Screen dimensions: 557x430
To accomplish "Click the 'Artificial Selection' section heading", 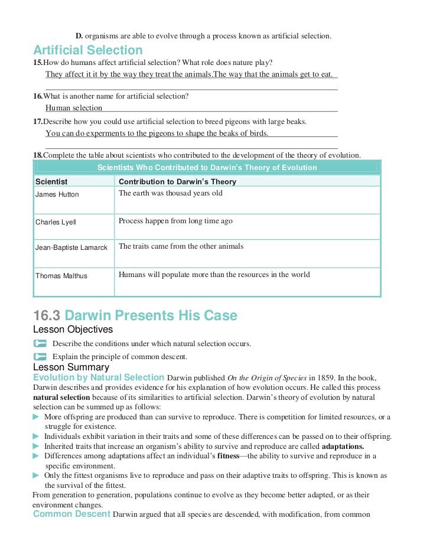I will point(88,50).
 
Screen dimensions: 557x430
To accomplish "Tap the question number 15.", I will point(37,63).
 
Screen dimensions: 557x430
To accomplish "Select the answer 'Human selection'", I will point(74,108).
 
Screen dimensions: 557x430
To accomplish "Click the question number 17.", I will point(37,121).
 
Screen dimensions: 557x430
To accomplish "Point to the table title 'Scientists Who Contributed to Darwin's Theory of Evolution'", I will point(207,167).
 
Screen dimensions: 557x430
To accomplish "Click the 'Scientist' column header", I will point(51,182).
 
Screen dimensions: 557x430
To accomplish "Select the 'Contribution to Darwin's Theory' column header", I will point(177,182).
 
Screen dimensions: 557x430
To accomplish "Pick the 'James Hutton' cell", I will point(57,194).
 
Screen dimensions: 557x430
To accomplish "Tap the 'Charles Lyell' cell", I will point(56,222).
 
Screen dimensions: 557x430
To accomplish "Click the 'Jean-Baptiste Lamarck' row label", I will point(71,247).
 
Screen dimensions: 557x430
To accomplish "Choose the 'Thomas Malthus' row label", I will point(61,276).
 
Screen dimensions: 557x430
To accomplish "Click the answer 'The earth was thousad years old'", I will point(171,193).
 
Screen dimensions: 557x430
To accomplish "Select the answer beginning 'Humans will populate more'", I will point(214,274).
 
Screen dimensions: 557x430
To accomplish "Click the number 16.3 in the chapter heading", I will point(47,315).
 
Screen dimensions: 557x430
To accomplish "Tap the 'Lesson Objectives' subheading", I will point(73,329).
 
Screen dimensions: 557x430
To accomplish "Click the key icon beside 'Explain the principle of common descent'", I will point(40,356).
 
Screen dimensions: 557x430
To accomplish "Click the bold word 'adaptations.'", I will point(343,446).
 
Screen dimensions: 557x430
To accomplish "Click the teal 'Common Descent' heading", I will point(71,514).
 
